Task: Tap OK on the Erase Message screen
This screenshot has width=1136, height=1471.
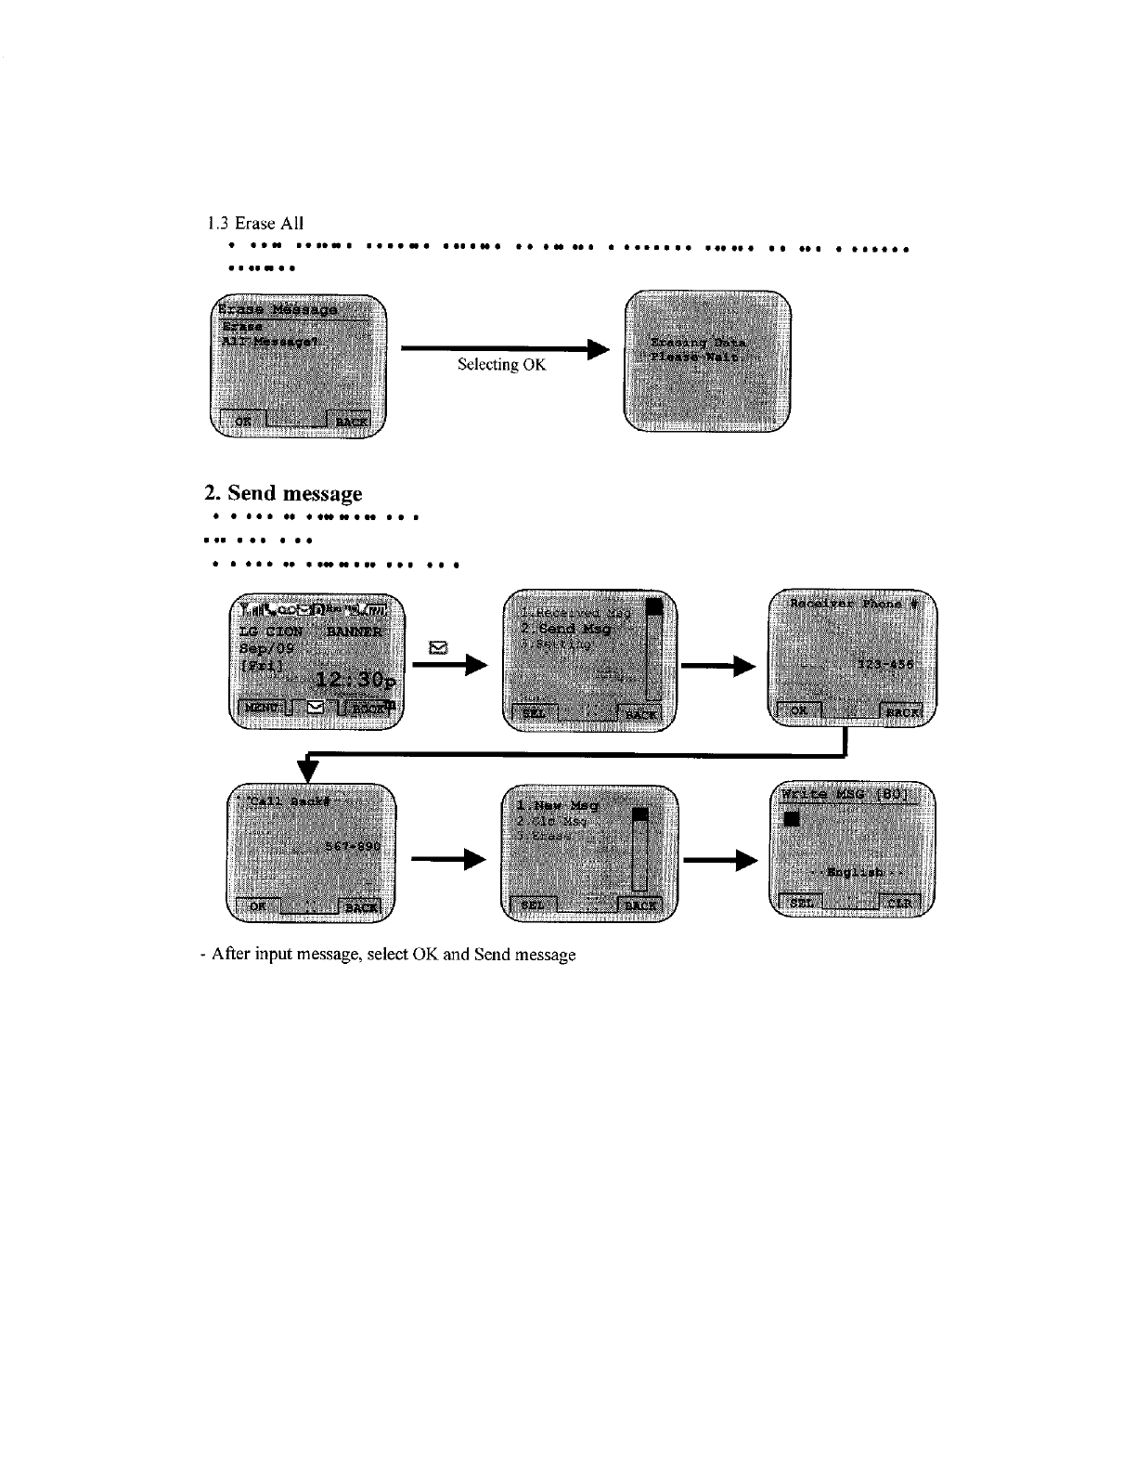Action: [x=242, y=421]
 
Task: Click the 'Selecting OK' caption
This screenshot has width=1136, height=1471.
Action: [x=501, y=365]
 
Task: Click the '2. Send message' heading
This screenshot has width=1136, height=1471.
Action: [x=283, y=492]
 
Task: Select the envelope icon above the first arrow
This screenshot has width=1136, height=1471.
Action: [x=440, y=647]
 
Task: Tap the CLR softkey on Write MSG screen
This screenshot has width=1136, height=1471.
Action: [x=898, y=903]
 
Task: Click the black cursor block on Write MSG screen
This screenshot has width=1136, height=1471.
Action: [x=791, y=819]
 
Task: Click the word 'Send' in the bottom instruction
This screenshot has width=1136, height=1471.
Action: [x=493, y=955]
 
